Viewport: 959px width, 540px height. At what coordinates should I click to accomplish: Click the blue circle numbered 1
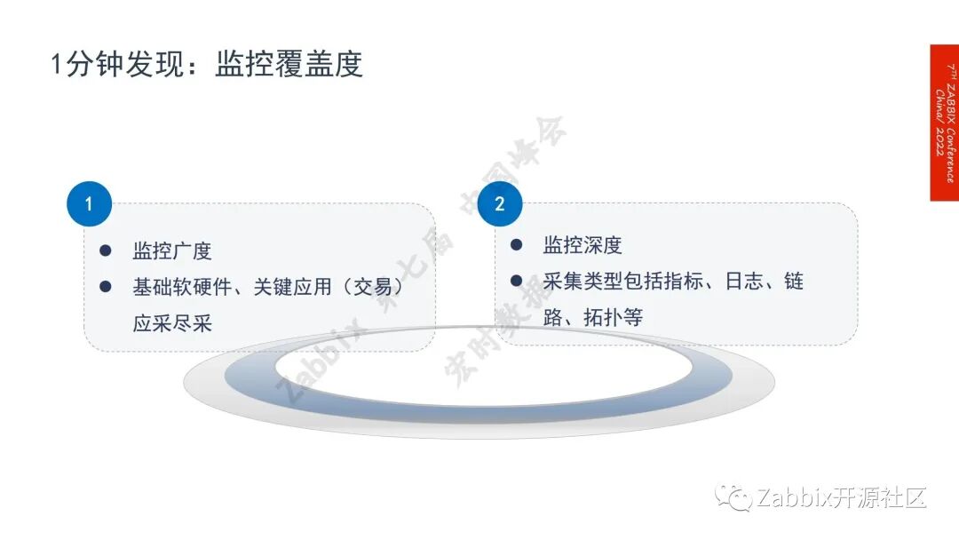click(x=89, y=204)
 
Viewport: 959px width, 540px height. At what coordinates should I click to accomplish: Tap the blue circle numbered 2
click(x=499, y=204)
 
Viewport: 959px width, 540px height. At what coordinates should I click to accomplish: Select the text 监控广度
click(x=172, y=251)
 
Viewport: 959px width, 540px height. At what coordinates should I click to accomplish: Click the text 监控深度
click(x=583, y=246)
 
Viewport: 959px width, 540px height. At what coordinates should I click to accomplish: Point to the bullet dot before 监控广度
click(x=106, y=251)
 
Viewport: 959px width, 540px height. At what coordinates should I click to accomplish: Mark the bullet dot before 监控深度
click(x=516, y=244)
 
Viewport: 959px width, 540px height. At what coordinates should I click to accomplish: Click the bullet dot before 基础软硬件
click(x=106, y=286)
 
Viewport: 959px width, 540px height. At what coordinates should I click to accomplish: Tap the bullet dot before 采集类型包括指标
click(x=516, y=281)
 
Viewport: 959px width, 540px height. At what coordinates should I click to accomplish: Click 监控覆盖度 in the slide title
click(x=289, y=65)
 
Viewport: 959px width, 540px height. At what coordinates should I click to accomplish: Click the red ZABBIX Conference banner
click(x=944, y=123)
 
